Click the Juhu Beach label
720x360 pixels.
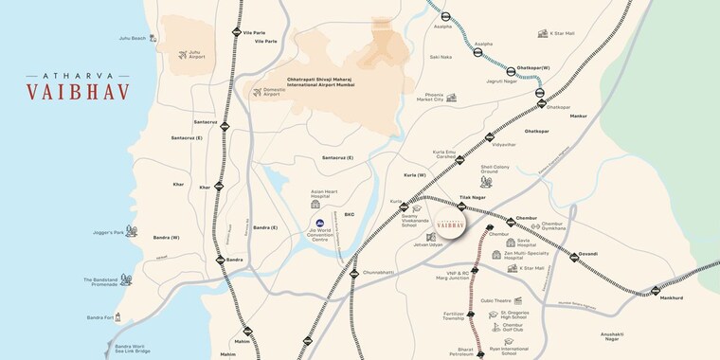coord(132,38)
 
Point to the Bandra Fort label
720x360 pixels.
coord(99,317)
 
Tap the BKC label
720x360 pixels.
coord(349,214)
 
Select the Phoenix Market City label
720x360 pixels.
coord(430,97)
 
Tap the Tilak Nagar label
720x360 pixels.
coord(472,197)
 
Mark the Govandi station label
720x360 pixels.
coord(588,255)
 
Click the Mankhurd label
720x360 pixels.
coord(671,298)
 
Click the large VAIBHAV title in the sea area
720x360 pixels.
coord(78,93)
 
